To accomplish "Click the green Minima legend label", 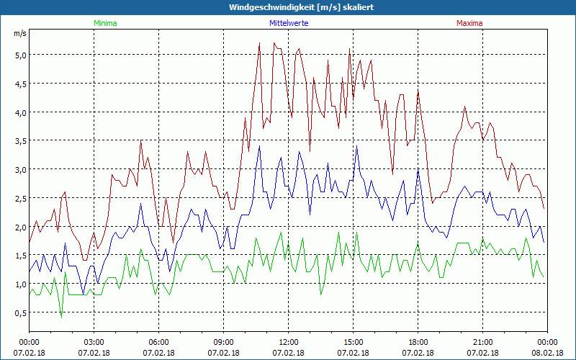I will pos(104,23).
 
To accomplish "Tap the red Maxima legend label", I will pos(469,23).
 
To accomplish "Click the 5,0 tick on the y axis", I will pos(20,55).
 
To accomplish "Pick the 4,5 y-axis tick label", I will pos(20,84).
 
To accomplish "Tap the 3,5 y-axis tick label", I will pos(20,141).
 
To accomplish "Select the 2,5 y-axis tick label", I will pos(20,199).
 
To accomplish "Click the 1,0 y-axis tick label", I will pos(20,284).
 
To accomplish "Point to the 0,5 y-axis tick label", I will pos(20,313).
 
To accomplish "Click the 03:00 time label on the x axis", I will pos(94,342).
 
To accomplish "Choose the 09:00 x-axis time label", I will pos(223,342).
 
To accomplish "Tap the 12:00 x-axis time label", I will pos(288,342).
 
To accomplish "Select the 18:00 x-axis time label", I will pos(418,342).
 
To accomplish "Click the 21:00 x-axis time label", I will pos(482,342).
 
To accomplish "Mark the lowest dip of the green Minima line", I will pos(61,316).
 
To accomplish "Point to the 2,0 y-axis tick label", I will pos(20,228).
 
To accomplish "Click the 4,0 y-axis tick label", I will pos(20,112).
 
